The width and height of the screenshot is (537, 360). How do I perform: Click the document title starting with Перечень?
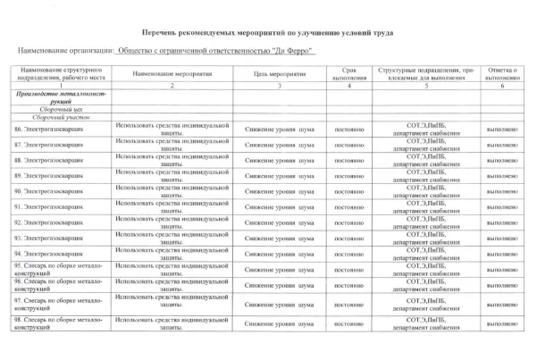point(268,30)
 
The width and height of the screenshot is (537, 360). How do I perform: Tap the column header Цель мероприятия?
point(280,73)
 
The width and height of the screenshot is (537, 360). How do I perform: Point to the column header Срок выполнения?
point(349,73)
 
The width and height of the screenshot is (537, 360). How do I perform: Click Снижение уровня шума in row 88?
point(280,160)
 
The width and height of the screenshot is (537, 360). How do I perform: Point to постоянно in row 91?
point(349,206)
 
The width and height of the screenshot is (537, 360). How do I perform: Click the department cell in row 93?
point(432,238)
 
